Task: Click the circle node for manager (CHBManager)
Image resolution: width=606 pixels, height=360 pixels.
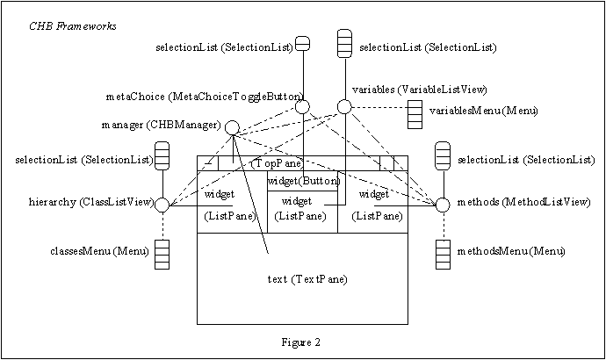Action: [x=232, y=128]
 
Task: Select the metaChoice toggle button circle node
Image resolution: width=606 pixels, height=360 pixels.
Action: [x=303, y=107]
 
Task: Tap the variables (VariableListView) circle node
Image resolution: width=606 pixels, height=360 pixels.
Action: [x=344, y=107]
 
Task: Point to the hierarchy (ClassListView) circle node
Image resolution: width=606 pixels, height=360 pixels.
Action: [x=162, y=205]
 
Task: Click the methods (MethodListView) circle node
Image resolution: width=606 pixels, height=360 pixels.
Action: [x=443, y=205]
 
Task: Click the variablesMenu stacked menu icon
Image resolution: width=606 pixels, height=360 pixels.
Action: [x=415, y=114]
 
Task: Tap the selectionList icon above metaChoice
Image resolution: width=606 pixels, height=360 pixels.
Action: [x=302, y=43]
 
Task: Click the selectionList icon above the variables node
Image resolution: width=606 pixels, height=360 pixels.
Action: [x=344, y=43]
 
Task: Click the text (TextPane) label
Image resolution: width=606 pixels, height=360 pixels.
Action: [x=306, y=279]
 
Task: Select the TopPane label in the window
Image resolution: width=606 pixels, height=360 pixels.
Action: [x=278, y=163]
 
